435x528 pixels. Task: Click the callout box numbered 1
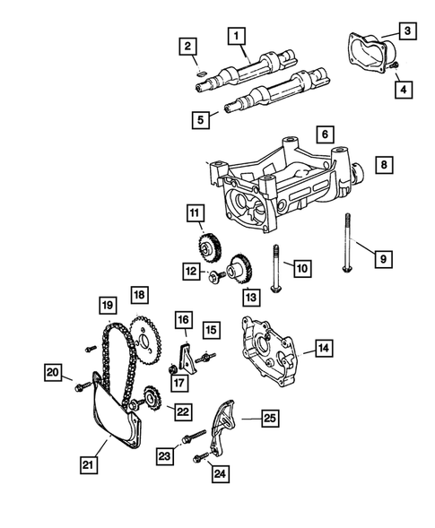click(237, 36)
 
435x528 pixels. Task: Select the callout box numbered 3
click(406, 31)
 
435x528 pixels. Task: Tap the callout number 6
click(323, 134)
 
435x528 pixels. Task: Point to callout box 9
click(382, 259)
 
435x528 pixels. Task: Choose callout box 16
click(183, 319)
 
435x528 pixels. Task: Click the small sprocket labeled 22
click(150, 397)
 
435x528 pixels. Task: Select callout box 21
click(87, 464)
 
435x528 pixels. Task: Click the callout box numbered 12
click(191, 272)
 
